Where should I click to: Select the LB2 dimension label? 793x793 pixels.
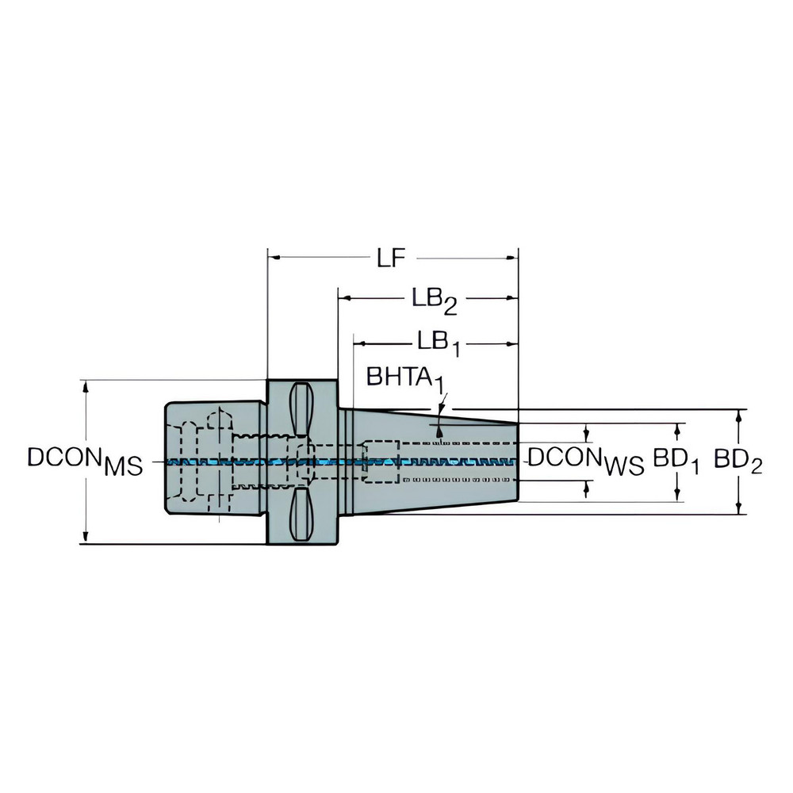[433, 299]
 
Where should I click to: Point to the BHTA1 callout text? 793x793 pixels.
[404, 378]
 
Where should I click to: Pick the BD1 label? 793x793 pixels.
[676, 462]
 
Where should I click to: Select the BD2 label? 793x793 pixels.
[737, 462]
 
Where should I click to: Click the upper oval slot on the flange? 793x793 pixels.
[302, 408]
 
